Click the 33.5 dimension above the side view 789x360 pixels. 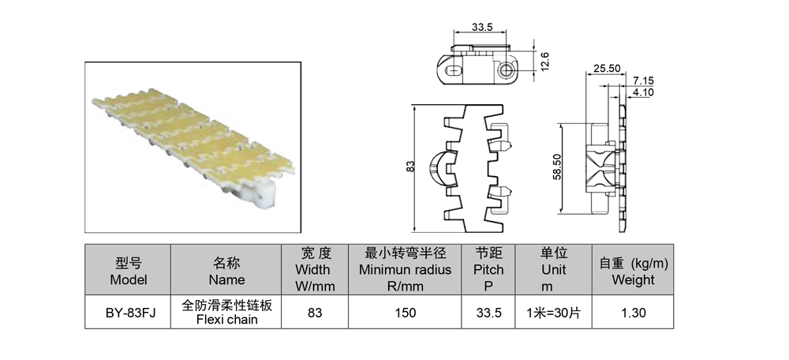(x=482, y=27)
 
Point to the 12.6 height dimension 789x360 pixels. (x=544, y=62)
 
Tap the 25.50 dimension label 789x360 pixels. (x=607, y=69)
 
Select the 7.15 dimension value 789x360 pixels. (x=643, y=81)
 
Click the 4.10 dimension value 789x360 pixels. (x=643, y=92)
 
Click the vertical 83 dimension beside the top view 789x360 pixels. (x=410, y=166)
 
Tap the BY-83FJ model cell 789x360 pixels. (x=128, y=313)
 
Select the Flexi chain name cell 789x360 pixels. (x=226, y=312)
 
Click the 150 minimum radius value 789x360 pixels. (x=405, y=313)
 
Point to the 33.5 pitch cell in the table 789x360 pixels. (x=488, y=313)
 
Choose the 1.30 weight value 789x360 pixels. (x=633, y=313)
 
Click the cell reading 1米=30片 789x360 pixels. (x=554, y=313)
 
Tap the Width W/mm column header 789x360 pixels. (x=315, y=269)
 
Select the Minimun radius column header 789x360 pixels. (x=405, y=269)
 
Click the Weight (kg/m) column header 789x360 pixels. (x=633, y=272)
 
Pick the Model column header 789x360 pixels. (x=129, y=272)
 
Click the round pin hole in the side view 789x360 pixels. (x=505, y=70)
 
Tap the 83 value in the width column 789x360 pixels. (x=315, y=313)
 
